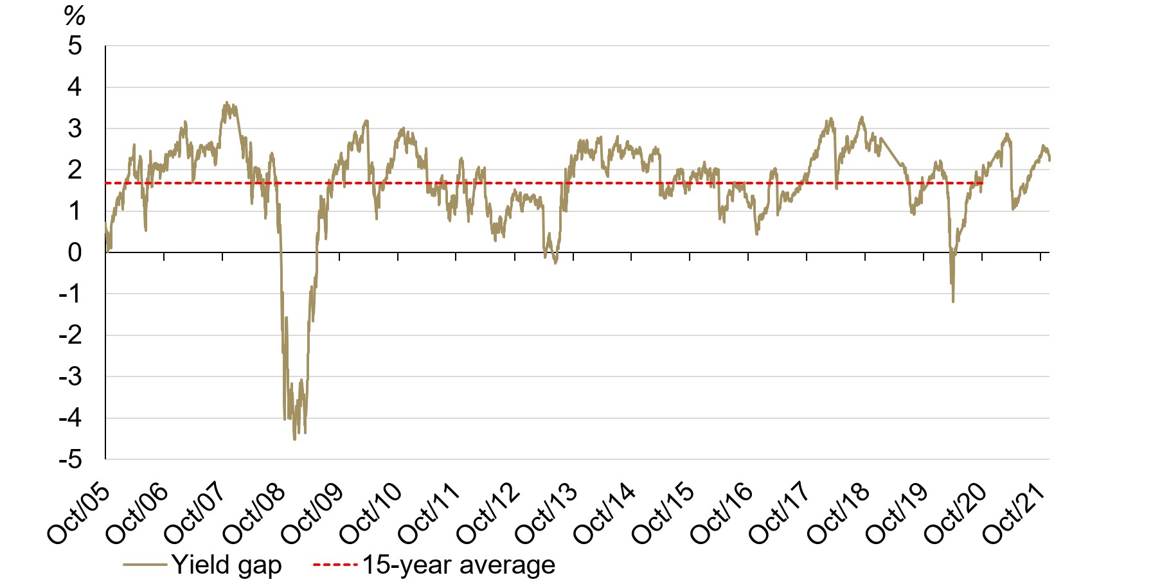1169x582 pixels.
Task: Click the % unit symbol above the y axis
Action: (x=75, y=15)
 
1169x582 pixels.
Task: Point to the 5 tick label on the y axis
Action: (x=75, y=46)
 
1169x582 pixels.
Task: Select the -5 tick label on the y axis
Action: (x=71, y=459)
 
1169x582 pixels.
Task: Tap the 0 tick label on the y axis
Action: (x=75, y=252)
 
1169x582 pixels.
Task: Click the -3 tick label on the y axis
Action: (x=71, y=376)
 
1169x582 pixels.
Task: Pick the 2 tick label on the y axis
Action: (x=75, y=170)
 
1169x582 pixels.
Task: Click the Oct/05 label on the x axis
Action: (x=79, y=514)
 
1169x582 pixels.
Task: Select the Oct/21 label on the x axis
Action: (x=1013, y=514)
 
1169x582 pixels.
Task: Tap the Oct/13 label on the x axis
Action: (x=546, y=514)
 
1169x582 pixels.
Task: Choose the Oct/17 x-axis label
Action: (x=780, y=514)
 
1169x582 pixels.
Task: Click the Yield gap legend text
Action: (x=226, y=565)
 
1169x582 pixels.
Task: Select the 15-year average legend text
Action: (x=459, y=565)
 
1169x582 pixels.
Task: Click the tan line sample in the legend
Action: (x=145, y=565)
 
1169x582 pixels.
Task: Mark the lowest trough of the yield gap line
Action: (x=294, y=439)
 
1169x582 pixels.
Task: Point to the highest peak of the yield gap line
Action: (x=226, y=102)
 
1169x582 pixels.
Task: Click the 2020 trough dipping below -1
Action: (x=952, y=302)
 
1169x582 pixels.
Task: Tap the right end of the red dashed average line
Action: (x=983, y=183)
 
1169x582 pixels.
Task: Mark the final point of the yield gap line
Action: (x=1049, y=159)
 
